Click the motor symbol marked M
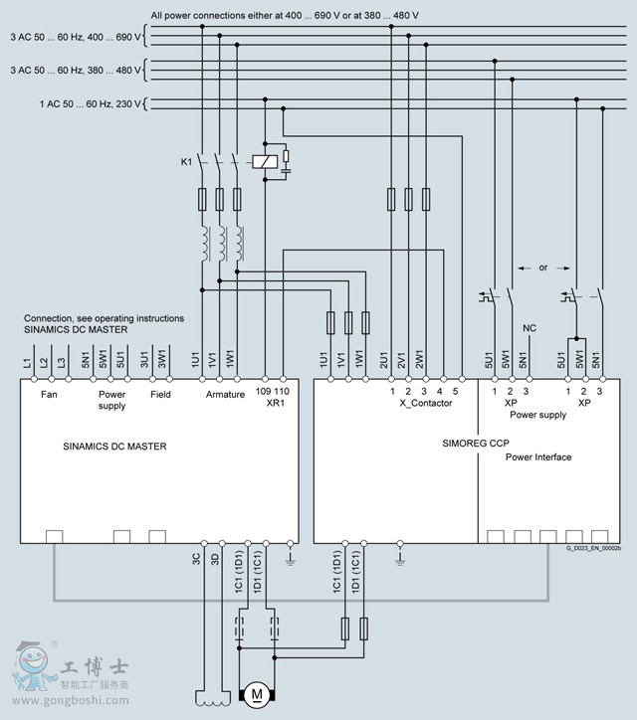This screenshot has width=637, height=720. (256, 692)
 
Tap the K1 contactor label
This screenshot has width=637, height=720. (186, 160)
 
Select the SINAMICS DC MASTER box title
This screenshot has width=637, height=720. (114, 447)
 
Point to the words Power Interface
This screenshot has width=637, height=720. (538, 457)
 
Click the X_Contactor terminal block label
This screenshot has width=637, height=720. (426, 403)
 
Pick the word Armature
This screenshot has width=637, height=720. (225, 395)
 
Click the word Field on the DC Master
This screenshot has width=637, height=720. (160, 395)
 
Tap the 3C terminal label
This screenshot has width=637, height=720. (197, 559)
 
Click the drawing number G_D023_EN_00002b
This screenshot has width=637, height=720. (593, 548)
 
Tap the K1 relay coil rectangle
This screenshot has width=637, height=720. (263, 161)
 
